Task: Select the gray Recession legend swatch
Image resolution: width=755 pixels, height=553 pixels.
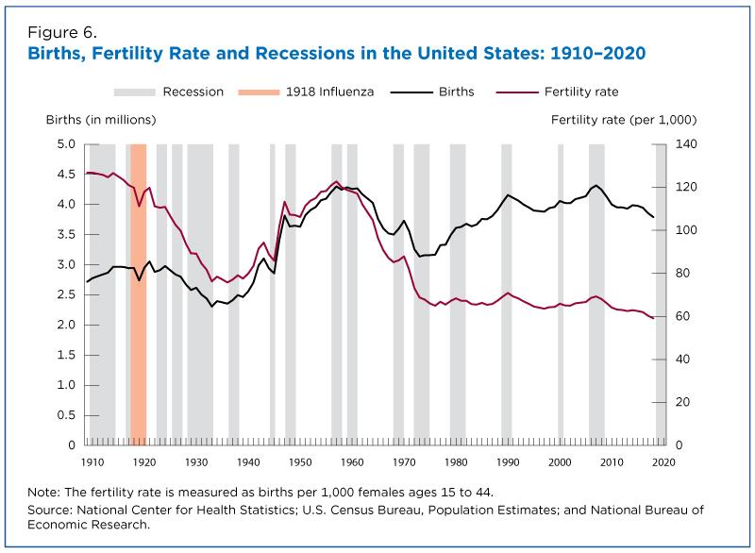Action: pyautogui.click(x=135, y=92)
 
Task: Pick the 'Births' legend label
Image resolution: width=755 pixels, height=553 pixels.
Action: pyautogui.click(x=457, y=92)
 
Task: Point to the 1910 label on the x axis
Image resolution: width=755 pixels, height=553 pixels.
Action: pyautogui.click(x=92, y=461)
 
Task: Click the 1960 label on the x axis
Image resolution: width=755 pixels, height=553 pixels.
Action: pyautogui.click(x=352, y=461)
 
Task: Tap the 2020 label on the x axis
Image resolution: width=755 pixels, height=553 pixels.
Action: pyautogui.click(x=664, y=461)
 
